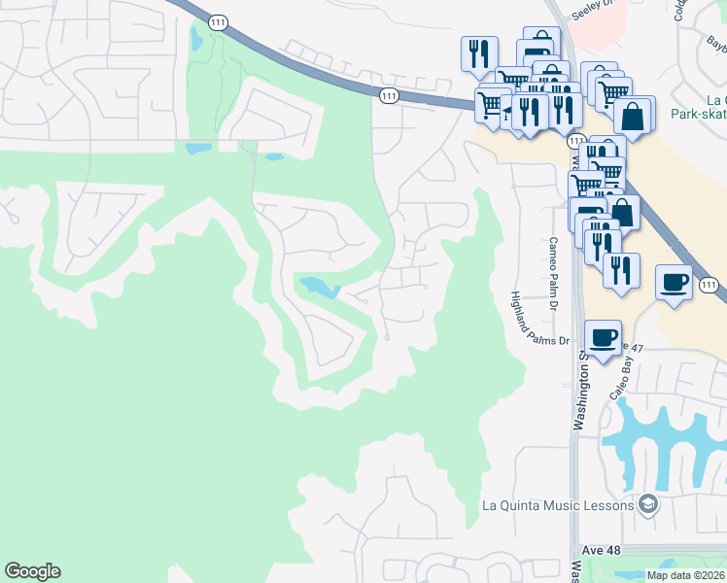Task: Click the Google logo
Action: (x=32, y=571)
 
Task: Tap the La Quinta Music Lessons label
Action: (x=558, y=504)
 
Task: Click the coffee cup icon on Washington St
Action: (x=603, y=336)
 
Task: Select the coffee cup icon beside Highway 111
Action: (x=675, y=282)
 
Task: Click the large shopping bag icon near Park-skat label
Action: (x=633, y=115)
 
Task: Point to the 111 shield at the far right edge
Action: (x=710, y=286)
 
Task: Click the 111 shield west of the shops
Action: (x=389, y=95)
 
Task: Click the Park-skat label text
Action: (x=699, y=114)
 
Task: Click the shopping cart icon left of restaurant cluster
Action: (x=492, y=101)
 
